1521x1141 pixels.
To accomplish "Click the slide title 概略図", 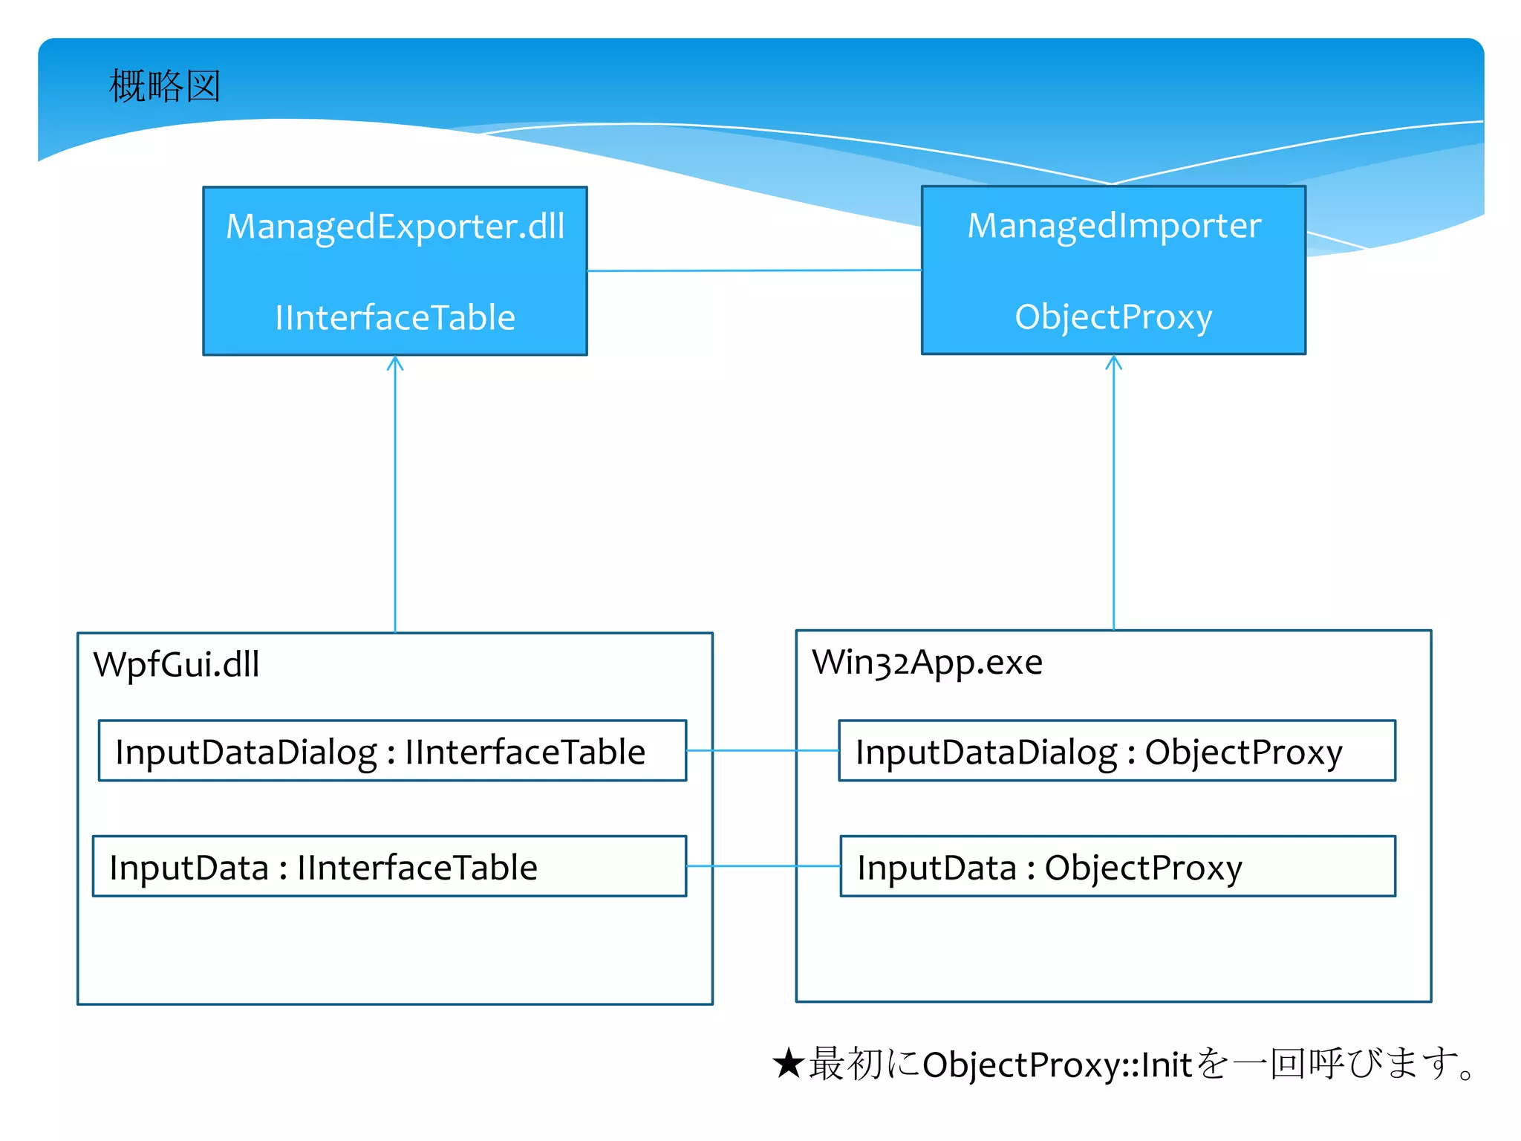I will coord(164,86).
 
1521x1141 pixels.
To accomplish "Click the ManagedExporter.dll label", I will coord(395,226).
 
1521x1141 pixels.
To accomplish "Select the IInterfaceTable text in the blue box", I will coord(395,318).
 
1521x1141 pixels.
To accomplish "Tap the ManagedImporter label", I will coord(1113,225).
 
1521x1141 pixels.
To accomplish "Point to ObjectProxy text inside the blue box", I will coord(1113,317).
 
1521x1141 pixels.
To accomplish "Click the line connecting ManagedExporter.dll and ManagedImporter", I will coord(754,270).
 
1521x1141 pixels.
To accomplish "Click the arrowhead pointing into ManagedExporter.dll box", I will coord(395,363).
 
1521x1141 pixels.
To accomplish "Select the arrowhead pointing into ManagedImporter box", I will coord(1113,363).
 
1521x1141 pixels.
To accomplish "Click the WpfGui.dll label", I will coord(176,664).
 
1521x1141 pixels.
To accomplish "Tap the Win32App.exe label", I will coord(927,662).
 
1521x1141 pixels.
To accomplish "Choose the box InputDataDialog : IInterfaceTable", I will coord(392,751).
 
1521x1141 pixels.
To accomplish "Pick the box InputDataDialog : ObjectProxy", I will coord(1117,751).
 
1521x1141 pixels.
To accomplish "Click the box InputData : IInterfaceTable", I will coord(389,867).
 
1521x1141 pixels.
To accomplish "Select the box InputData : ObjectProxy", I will coord(1118,867).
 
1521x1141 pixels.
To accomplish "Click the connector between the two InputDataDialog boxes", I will coord(763,751).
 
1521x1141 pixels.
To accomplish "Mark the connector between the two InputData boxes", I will coord(763,866).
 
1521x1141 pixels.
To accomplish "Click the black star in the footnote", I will coord(788,1064).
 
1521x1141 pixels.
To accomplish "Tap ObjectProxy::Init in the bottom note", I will coord(1057,1065).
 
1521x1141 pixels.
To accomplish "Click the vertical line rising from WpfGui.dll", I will coord(395,498).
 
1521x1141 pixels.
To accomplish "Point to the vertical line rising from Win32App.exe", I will coord(1113,498).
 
